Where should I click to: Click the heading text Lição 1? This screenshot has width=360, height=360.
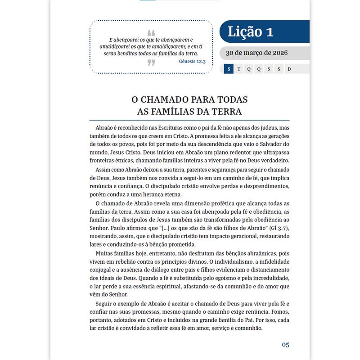251,32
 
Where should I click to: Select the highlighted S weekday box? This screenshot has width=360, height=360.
229,69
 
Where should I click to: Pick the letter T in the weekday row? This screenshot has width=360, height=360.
238,69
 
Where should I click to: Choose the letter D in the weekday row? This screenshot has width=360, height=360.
289,69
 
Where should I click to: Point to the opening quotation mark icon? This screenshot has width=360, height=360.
151,33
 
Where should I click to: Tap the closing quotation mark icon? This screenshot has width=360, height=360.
151,63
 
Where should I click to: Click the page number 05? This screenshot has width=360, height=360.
285,345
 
